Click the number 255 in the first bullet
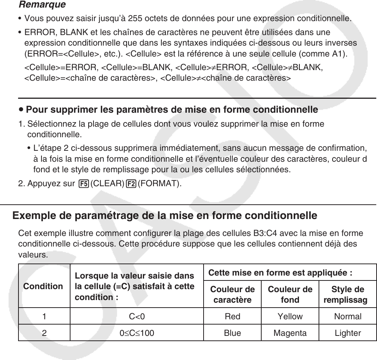pos(136,18)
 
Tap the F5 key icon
pos(84,185)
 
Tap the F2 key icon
pos(132,185)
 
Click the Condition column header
pos(43,286)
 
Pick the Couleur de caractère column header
pos(232,294)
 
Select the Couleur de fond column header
pos(290,294)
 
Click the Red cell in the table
pos(232,316)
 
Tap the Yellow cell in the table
pos(290,316)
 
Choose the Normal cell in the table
pos(348,316)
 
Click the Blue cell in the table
pos(232,333)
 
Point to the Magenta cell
pos(290,333)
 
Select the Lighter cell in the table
pos(348,333)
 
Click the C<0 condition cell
pos(137,316)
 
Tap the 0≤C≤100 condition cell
pos(137,333)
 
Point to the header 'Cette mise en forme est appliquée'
pos(280,273)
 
